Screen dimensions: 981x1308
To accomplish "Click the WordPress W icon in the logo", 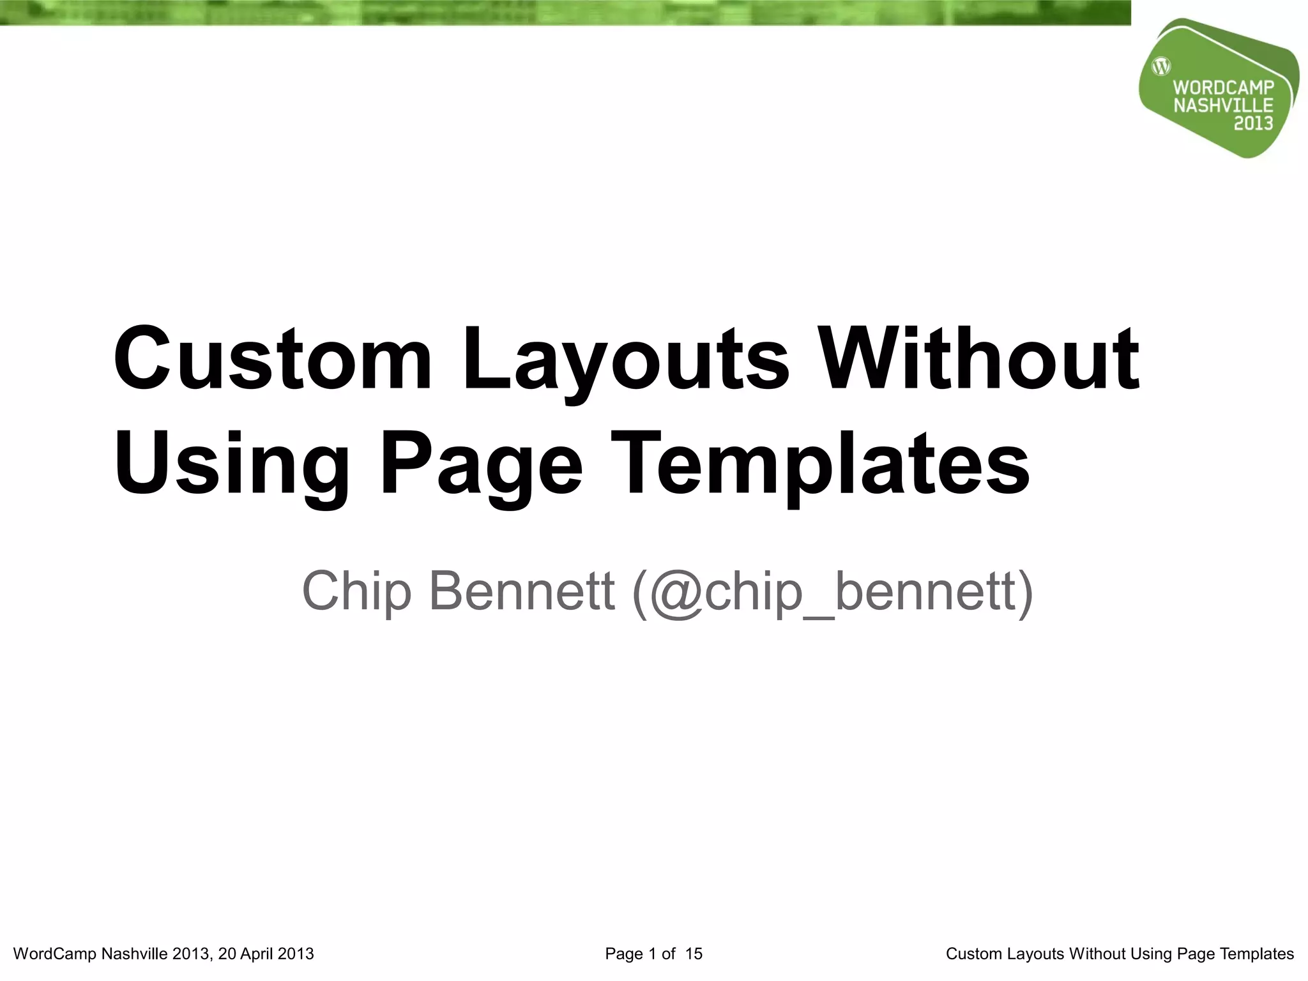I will (x=1161, y=66).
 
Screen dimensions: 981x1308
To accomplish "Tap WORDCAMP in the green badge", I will (x=1224, y=88).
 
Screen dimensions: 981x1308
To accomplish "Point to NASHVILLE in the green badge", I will (x=1223, y=105).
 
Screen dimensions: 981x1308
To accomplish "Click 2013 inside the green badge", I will (x=1253, y=123).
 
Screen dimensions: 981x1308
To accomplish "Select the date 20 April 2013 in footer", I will (x=266, y=954).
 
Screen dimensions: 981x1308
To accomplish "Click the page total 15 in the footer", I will (x=694, y=954).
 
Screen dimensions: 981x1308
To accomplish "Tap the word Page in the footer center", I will (x=624, y=954).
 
